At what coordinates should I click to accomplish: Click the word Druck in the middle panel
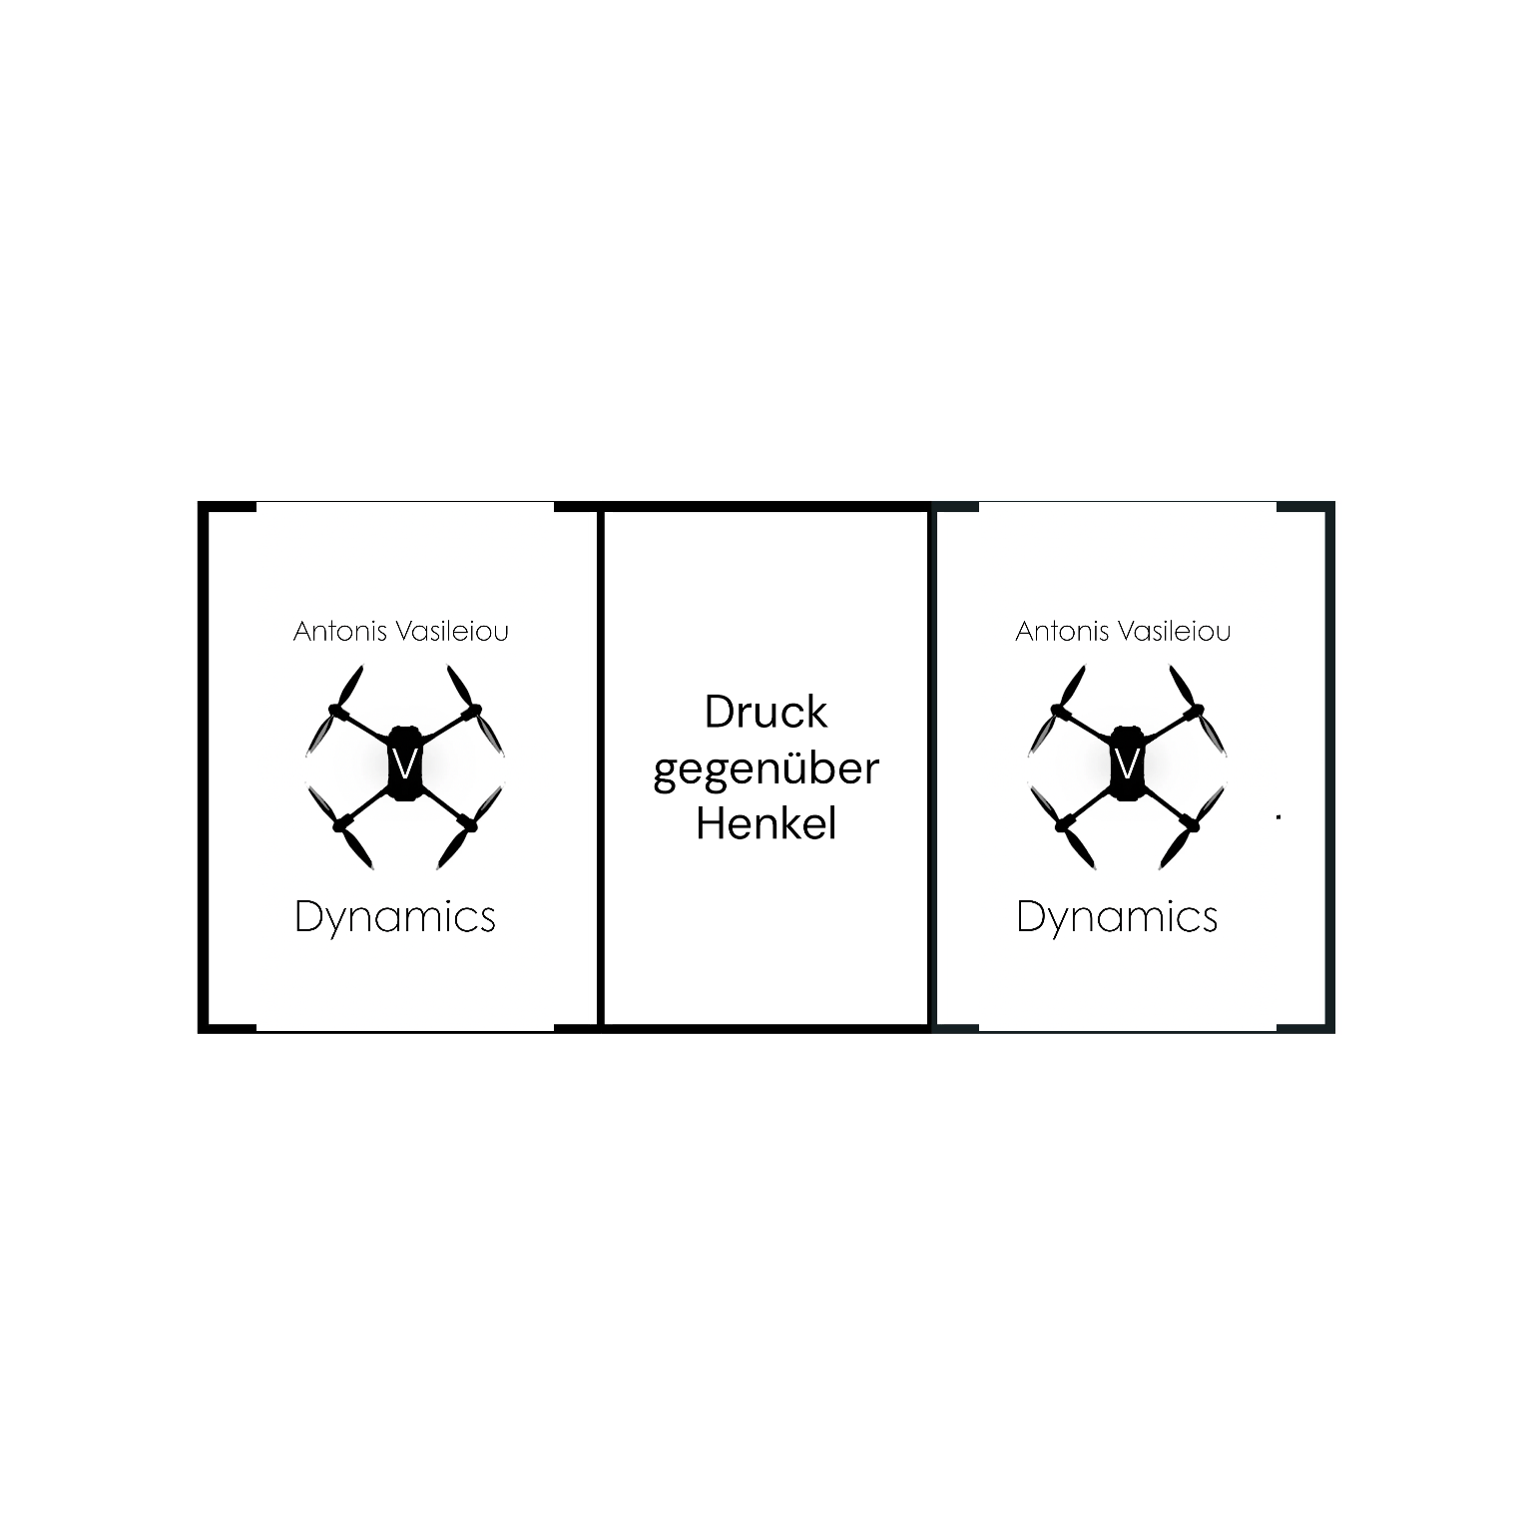(x=766, y=713)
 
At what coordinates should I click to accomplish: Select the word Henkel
(x=766, y=824)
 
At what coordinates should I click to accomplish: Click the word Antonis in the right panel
(x=1054, y=632)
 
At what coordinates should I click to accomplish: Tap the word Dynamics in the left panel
(x=395, y=917)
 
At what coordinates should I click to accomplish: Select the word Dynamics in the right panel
(x=1117, y=917)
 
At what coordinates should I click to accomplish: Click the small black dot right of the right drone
(x=1278, y=817)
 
